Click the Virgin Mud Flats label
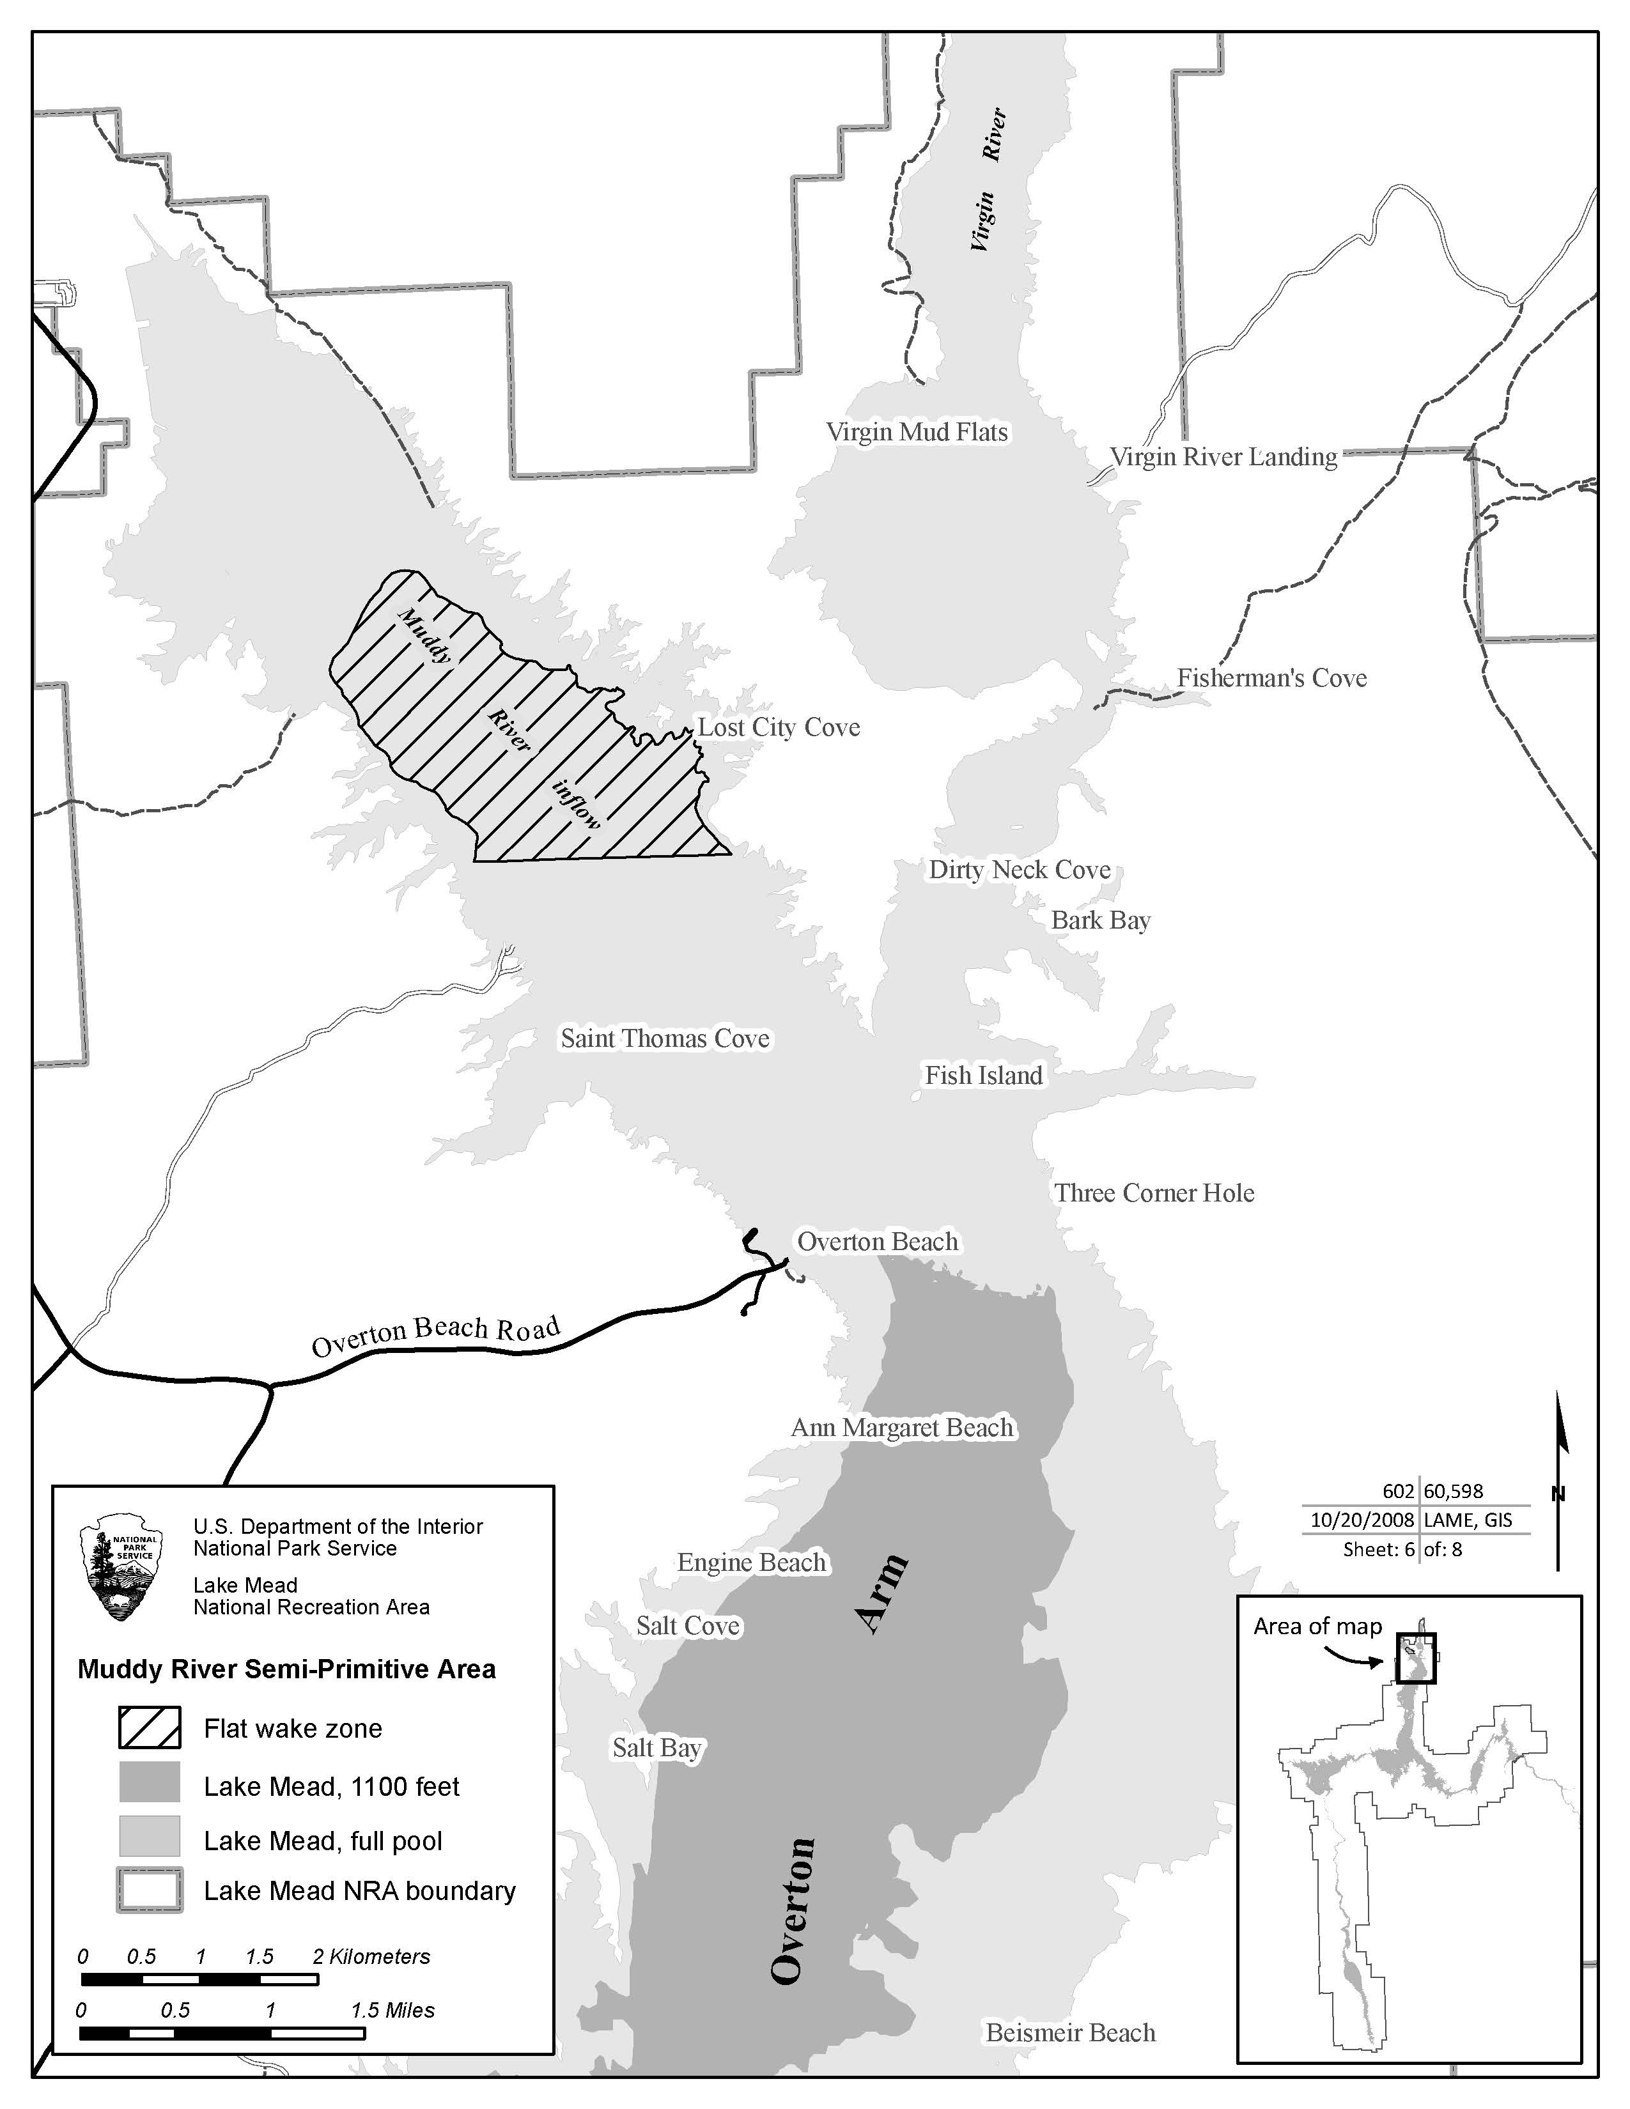[x=917, y=431]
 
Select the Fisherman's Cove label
[x=1271, y=678]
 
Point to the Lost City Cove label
[x=779, y=727]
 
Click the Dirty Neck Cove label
[x=1019, y=869]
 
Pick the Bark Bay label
[x=1100, y=920]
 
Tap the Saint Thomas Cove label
[x=665, y=1038]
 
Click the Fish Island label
[x=983, y=1075]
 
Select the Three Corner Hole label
[x=1154, y=1193]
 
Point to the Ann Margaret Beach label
[x=902, y=1427]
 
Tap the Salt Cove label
[x=688, y=1625]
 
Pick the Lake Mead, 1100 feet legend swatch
[x=150, y=1782]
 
